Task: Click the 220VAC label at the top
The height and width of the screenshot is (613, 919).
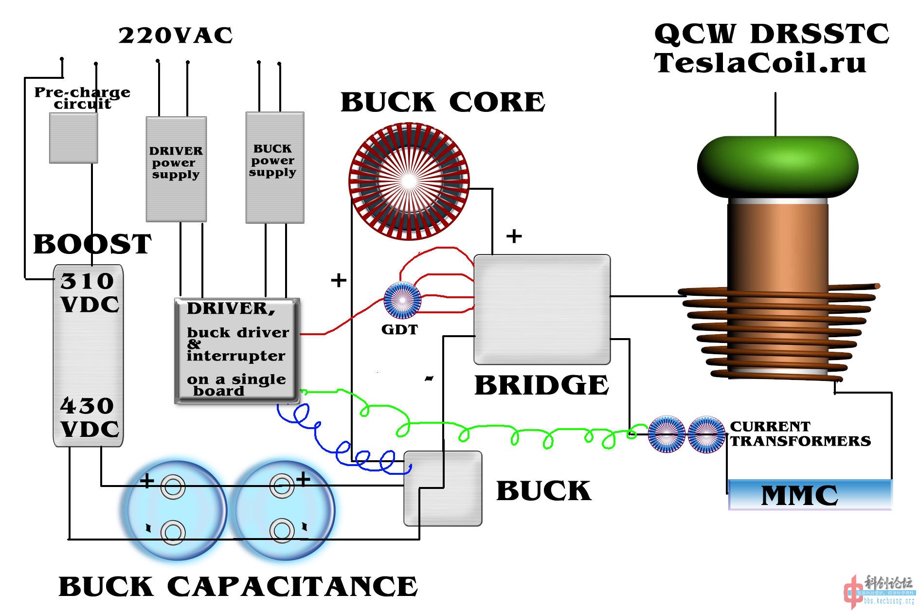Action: (x=175, y=36)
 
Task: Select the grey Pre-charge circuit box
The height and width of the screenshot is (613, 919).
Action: (x=73, y=138)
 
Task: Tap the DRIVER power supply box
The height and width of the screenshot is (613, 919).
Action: (x=176, y=168)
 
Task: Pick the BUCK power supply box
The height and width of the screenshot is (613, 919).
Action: (x=275, y=167)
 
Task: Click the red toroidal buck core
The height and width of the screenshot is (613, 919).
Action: (x=409, y=181)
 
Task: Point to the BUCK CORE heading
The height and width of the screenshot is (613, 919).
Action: (x=442, y=102)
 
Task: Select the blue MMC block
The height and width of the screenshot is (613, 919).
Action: (x=810, y=495)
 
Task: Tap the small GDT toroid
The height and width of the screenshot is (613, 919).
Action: (x=402, y=300)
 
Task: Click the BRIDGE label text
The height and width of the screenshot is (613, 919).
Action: (x=541, y=385)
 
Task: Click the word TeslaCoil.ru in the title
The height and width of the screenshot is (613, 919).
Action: (x=759, y=63)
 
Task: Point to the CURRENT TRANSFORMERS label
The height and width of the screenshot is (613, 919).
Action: (x=799, y=433)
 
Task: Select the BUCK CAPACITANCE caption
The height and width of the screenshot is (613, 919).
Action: (x=238, y=586)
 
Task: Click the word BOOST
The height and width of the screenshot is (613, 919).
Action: (x=92, y=244)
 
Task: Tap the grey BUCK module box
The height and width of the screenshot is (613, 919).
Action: (x=443, y=488)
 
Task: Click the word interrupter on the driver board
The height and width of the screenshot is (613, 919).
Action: (x=236, y=356)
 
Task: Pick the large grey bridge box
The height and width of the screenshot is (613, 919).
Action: (x=542, y=309)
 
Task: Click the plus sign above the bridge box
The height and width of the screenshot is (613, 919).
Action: (x=514, y=236)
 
